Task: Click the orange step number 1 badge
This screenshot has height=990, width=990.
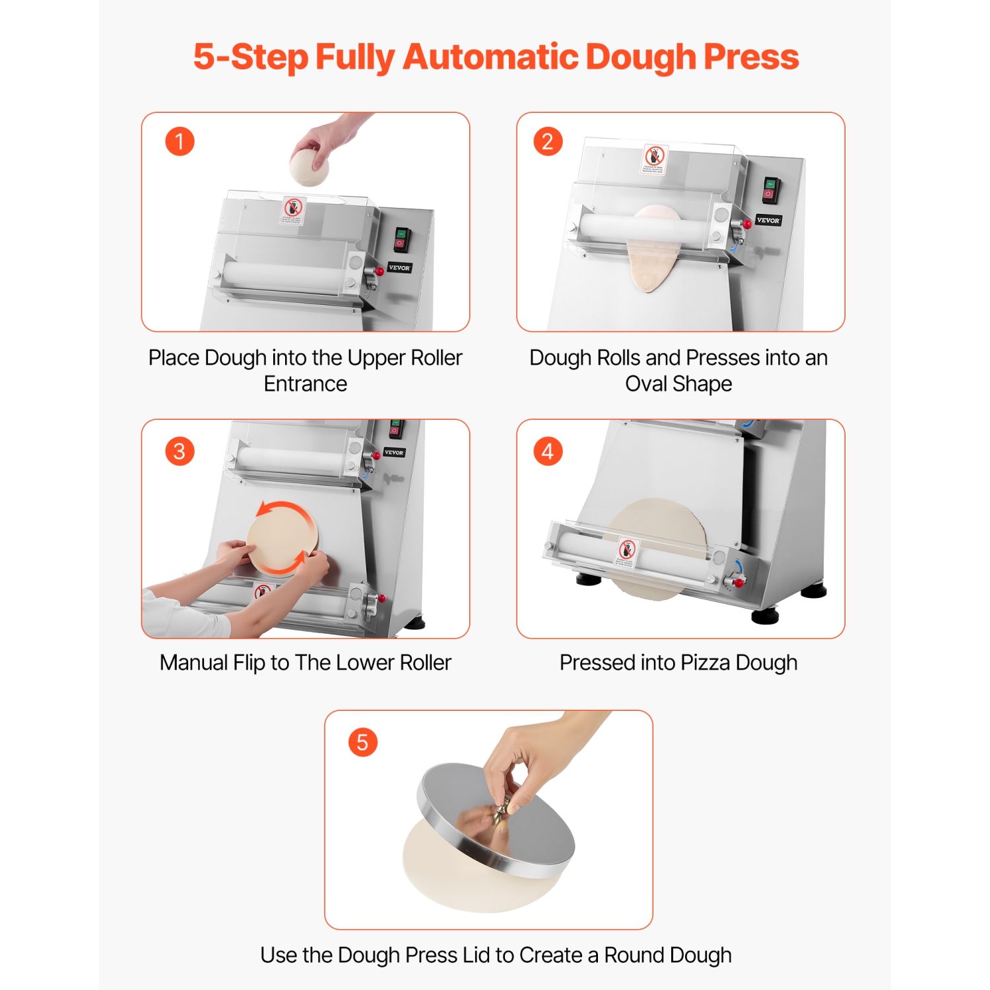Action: [180, 141]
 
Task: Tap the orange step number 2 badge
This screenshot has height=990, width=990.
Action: [548, 141]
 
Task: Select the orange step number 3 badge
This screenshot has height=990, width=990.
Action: [180, 451]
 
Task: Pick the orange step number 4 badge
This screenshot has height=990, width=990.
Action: [548, 451]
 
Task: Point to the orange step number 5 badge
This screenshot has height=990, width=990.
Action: [362, 742]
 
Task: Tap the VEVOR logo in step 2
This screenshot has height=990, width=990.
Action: [768, 220]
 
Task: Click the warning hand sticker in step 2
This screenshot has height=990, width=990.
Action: [655, 159]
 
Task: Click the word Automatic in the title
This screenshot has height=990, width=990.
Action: [491, 57]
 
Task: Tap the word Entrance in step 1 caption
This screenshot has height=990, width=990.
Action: [305, 383]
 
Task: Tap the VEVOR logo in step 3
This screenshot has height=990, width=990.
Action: [394, 453]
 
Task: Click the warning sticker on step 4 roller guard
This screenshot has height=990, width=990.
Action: [626, 552]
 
